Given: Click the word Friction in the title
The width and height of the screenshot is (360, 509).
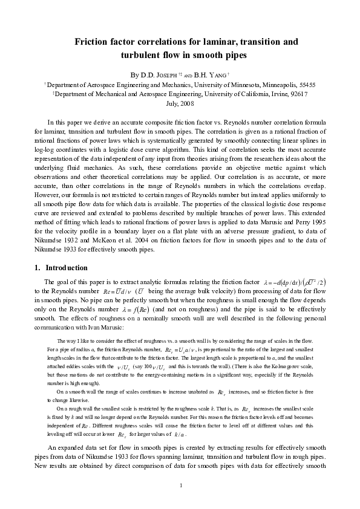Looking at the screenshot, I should [x=93, y=42].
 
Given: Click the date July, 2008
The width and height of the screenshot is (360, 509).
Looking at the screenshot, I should [x=180, y=103].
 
